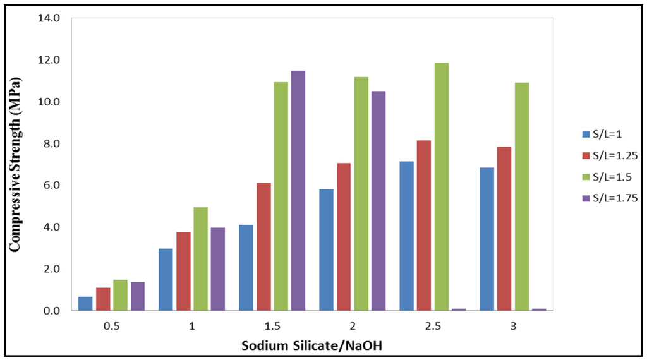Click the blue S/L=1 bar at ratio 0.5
[85, 304]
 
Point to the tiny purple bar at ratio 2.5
[459, 309]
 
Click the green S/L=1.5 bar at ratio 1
[200, 258]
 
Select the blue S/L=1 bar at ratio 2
[326, 249]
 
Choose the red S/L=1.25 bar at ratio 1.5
[263, 246]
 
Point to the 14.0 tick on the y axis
[48, 18]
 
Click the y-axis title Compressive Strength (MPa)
[15, 164]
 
